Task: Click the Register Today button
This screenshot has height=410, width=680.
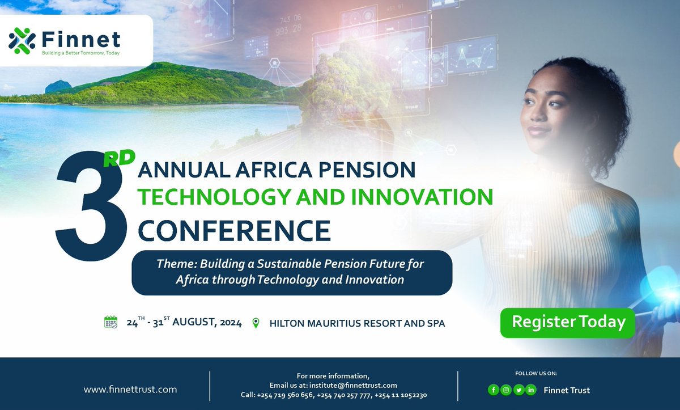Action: point(568,322)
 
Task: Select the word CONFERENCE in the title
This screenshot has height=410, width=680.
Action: point(235,230)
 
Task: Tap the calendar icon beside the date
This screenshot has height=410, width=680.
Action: point(110,323)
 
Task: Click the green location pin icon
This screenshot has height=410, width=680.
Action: point(256,323)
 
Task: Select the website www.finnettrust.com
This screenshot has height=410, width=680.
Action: point(130,390)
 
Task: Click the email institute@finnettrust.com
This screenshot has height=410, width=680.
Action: point(349,385)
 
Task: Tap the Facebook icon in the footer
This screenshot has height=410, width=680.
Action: point(493,390)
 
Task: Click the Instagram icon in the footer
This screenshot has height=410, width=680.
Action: point(505,390)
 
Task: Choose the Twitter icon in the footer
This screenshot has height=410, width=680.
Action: point(518,390)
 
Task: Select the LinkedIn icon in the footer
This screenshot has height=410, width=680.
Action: point(531,390)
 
